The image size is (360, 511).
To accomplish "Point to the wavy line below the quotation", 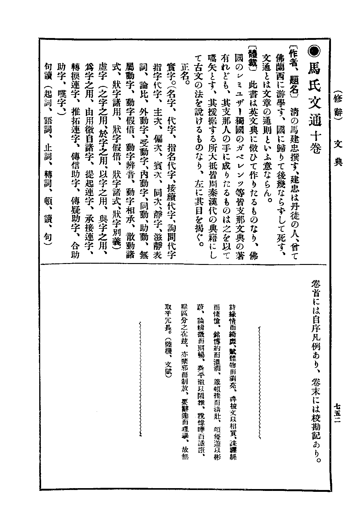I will pyautogui.click(x=141, y=377).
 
